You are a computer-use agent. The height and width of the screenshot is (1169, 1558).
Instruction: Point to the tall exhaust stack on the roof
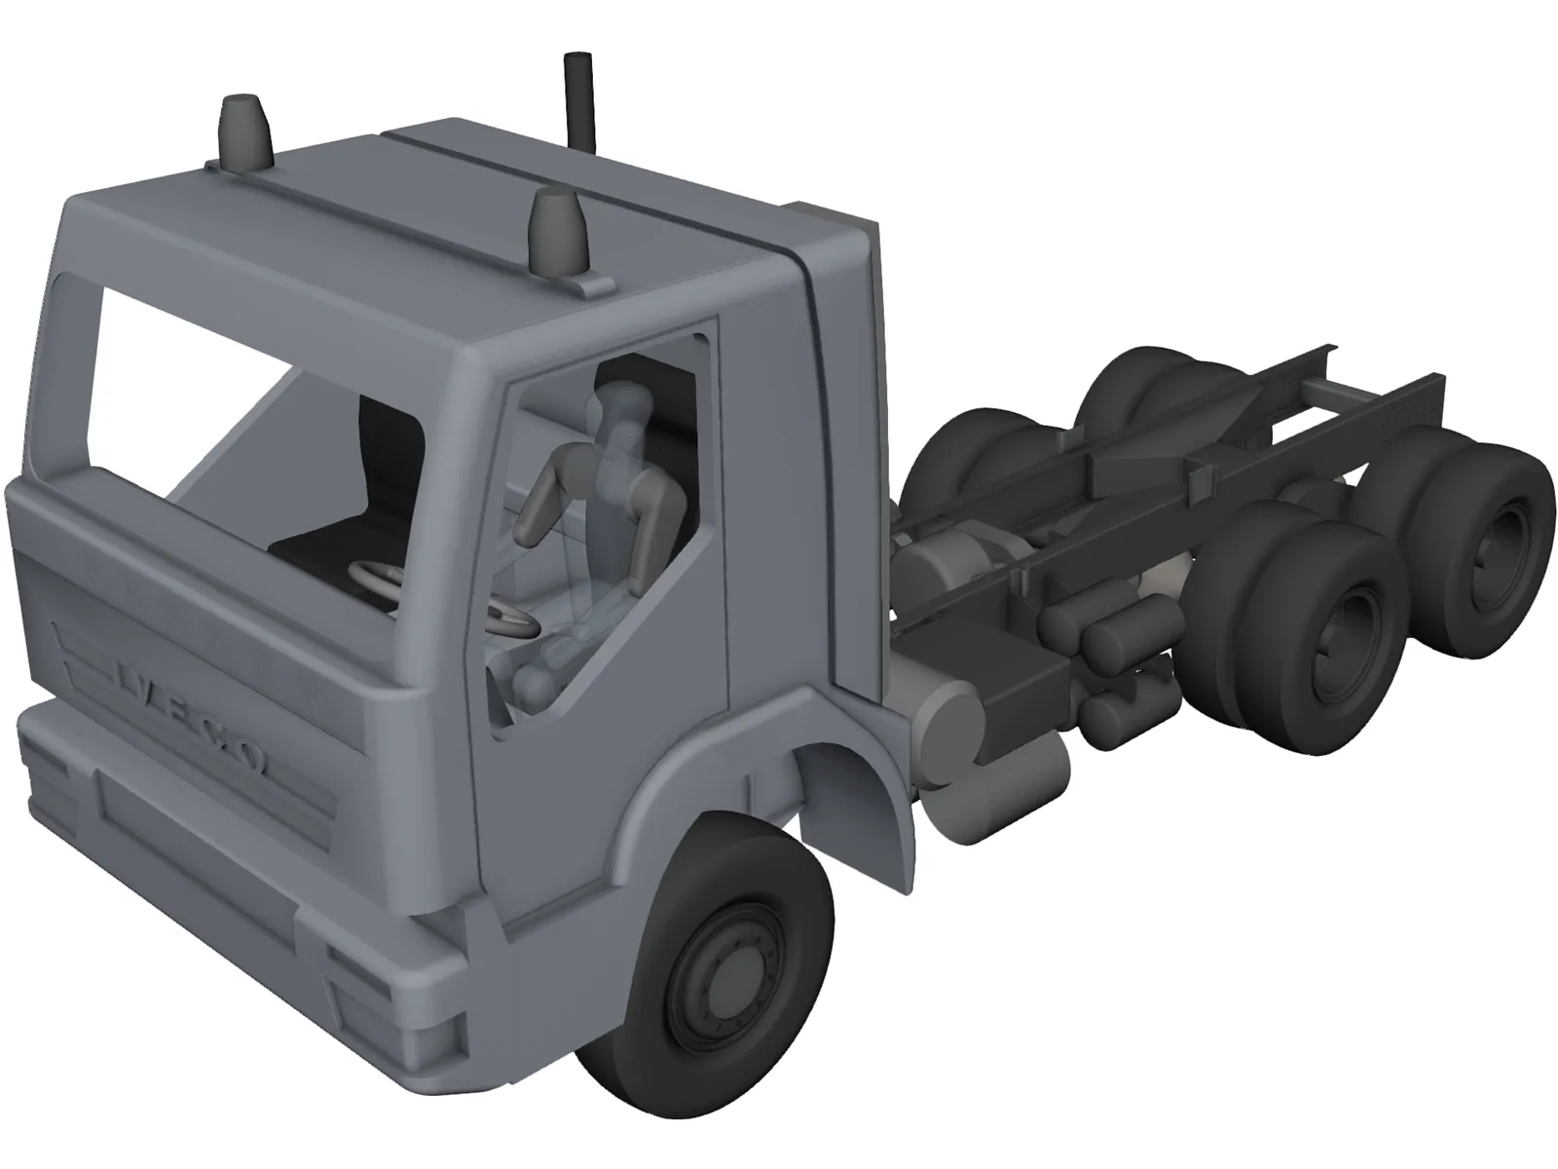(578, 97)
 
